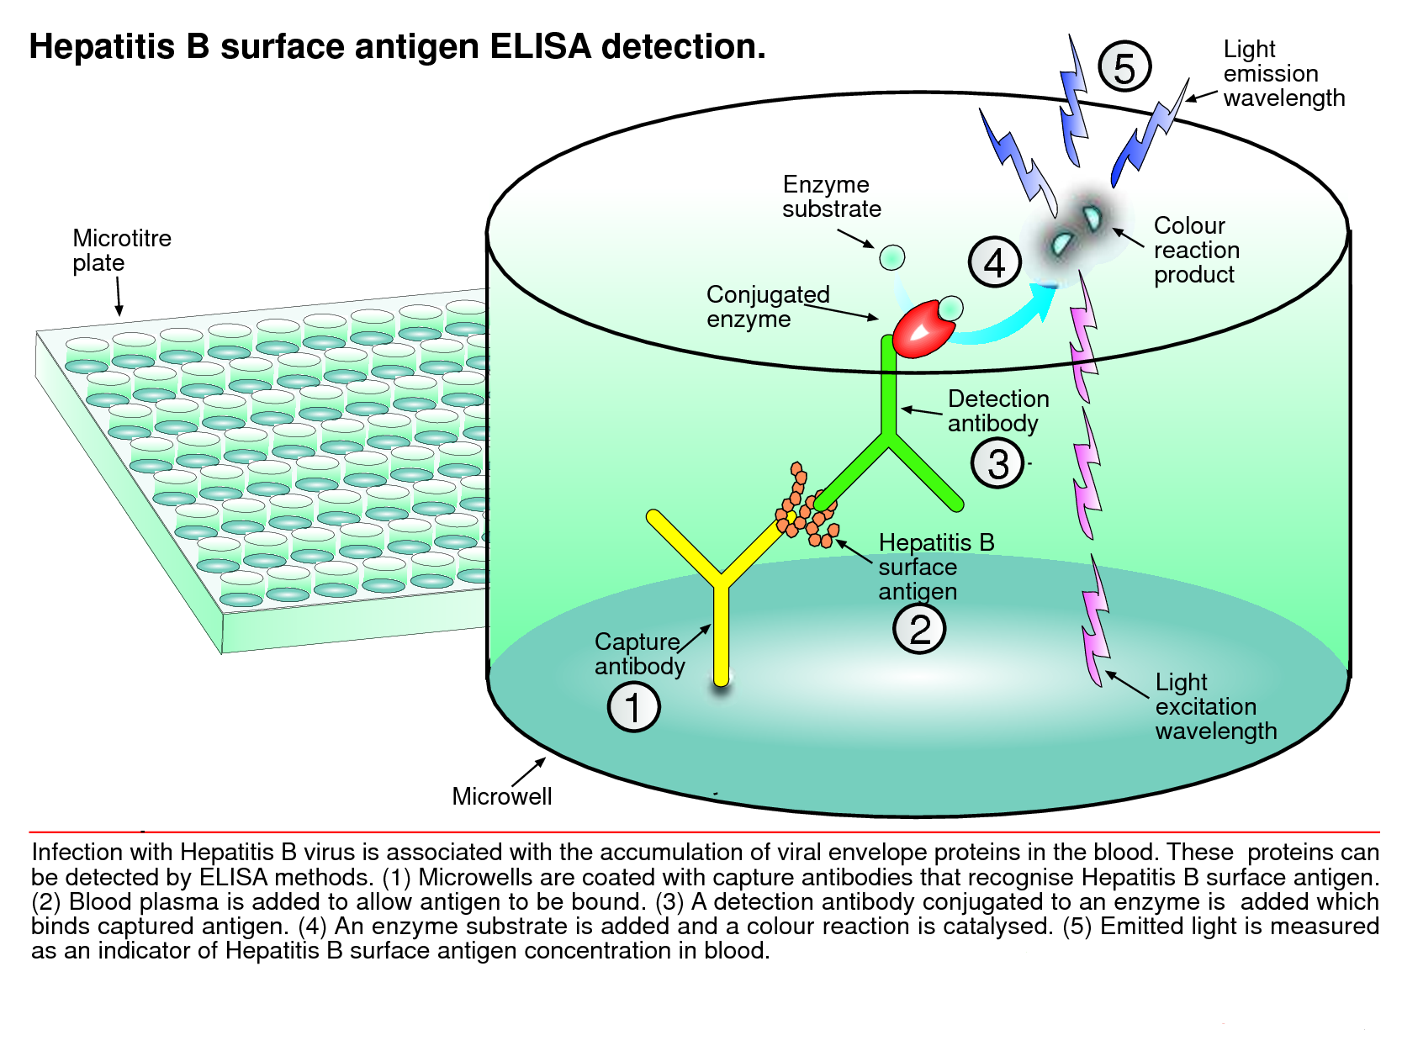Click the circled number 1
[x=633, y=706]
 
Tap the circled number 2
[x=918, y=629]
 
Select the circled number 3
[x=997, y=463]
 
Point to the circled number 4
[x=994, y=262]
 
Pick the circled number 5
[x=1124, y=67]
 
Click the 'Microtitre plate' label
[x=121, y=251]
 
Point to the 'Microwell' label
[x=501, y=796]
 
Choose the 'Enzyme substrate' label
[x=831, y=197]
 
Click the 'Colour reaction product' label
[x=1196, y=250]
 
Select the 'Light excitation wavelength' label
[x=1215, y=706]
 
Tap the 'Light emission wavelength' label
[x=1283, y=73]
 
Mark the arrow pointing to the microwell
[x=529, y=772]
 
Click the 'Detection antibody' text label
[x=997, y=410]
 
